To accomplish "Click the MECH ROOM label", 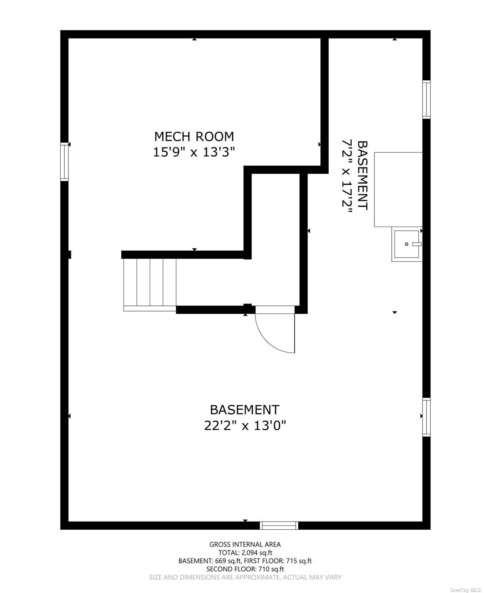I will [x=194, y=136].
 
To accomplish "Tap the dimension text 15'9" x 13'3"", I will [x=194, y=152].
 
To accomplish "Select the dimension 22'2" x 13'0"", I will [x=245, y=425].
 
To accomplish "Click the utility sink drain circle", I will [x=406, y=244].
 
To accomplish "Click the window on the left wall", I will [x=64, y=162].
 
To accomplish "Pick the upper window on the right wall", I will [x=426, y=100].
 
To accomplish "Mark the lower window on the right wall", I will [x=426, y=417].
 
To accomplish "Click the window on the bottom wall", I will [x=279, y=525].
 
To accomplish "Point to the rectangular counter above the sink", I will [x=398, y=189].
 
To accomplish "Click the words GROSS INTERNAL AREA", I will [x=245, y=544].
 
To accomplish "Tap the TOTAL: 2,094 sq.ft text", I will [x=245, y=553].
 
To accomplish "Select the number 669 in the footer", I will [x=220, y=561].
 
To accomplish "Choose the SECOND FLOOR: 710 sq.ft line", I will [x=245, y=569].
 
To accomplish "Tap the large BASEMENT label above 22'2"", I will [x=245, y=409].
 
